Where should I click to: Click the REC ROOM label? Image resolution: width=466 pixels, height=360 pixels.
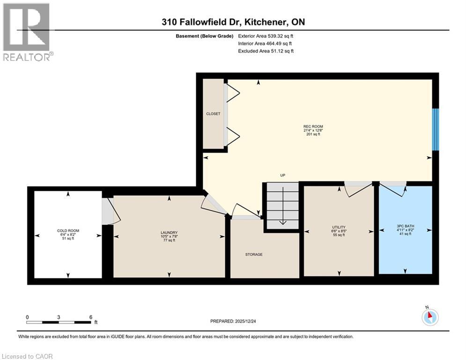[313, 130]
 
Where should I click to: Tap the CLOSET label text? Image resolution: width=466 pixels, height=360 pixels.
[213, 114]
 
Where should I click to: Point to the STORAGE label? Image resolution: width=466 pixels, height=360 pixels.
[253, 255]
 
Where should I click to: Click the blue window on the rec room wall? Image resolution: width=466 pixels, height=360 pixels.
[435, 130]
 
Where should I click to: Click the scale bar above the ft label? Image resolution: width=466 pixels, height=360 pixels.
[59, 322]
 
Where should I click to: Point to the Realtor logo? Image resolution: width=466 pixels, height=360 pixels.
[26, 32]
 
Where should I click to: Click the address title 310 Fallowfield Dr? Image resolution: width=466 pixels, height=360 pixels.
[233, 22]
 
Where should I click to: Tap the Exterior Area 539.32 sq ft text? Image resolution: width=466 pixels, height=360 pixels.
[266, 36]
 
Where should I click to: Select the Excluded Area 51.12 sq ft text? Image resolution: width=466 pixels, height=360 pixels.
[266, 51]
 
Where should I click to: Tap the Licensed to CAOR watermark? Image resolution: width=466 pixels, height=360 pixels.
[28, 356]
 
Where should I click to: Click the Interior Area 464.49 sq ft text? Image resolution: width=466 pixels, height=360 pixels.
[266, 44]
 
